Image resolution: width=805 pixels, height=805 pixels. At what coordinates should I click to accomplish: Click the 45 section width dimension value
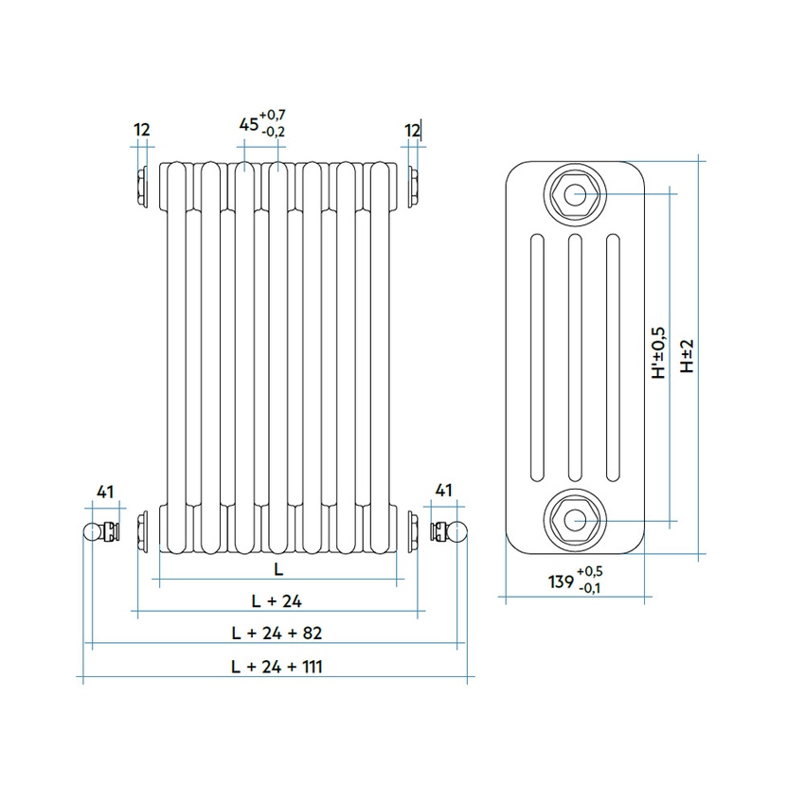(247, 124)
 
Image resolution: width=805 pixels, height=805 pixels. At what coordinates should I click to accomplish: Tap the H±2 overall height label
(688, 356)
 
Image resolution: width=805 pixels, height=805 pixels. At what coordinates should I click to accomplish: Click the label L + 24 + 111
(277, 667)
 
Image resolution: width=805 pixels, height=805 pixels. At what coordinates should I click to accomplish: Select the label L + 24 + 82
(277, 632)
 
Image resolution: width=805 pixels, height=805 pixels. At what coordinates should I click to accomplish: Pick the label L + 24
(277, 599)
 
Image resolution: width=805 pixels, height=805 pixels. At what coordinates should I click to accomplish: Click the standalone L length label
(277, 568)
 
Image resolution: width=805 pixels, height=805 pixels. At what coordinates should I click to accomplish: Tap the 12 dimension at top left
(142, 130)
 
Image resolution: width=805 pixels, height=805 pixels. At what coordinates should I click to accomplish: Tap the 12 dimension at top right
(412, 130)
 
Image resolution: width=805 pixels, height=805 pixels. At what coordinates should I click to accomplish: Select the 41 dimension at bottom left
(105, 491)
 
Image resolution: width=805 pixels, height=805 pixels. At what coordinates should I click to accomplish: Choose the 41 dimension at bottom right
(442, 491)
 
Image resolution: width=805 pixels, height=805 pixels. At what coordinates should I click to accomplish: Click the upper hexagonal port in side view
(575, 196)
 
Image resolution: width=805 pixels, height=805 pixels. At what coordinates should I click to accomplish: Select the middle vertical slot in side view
(575, 358)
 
